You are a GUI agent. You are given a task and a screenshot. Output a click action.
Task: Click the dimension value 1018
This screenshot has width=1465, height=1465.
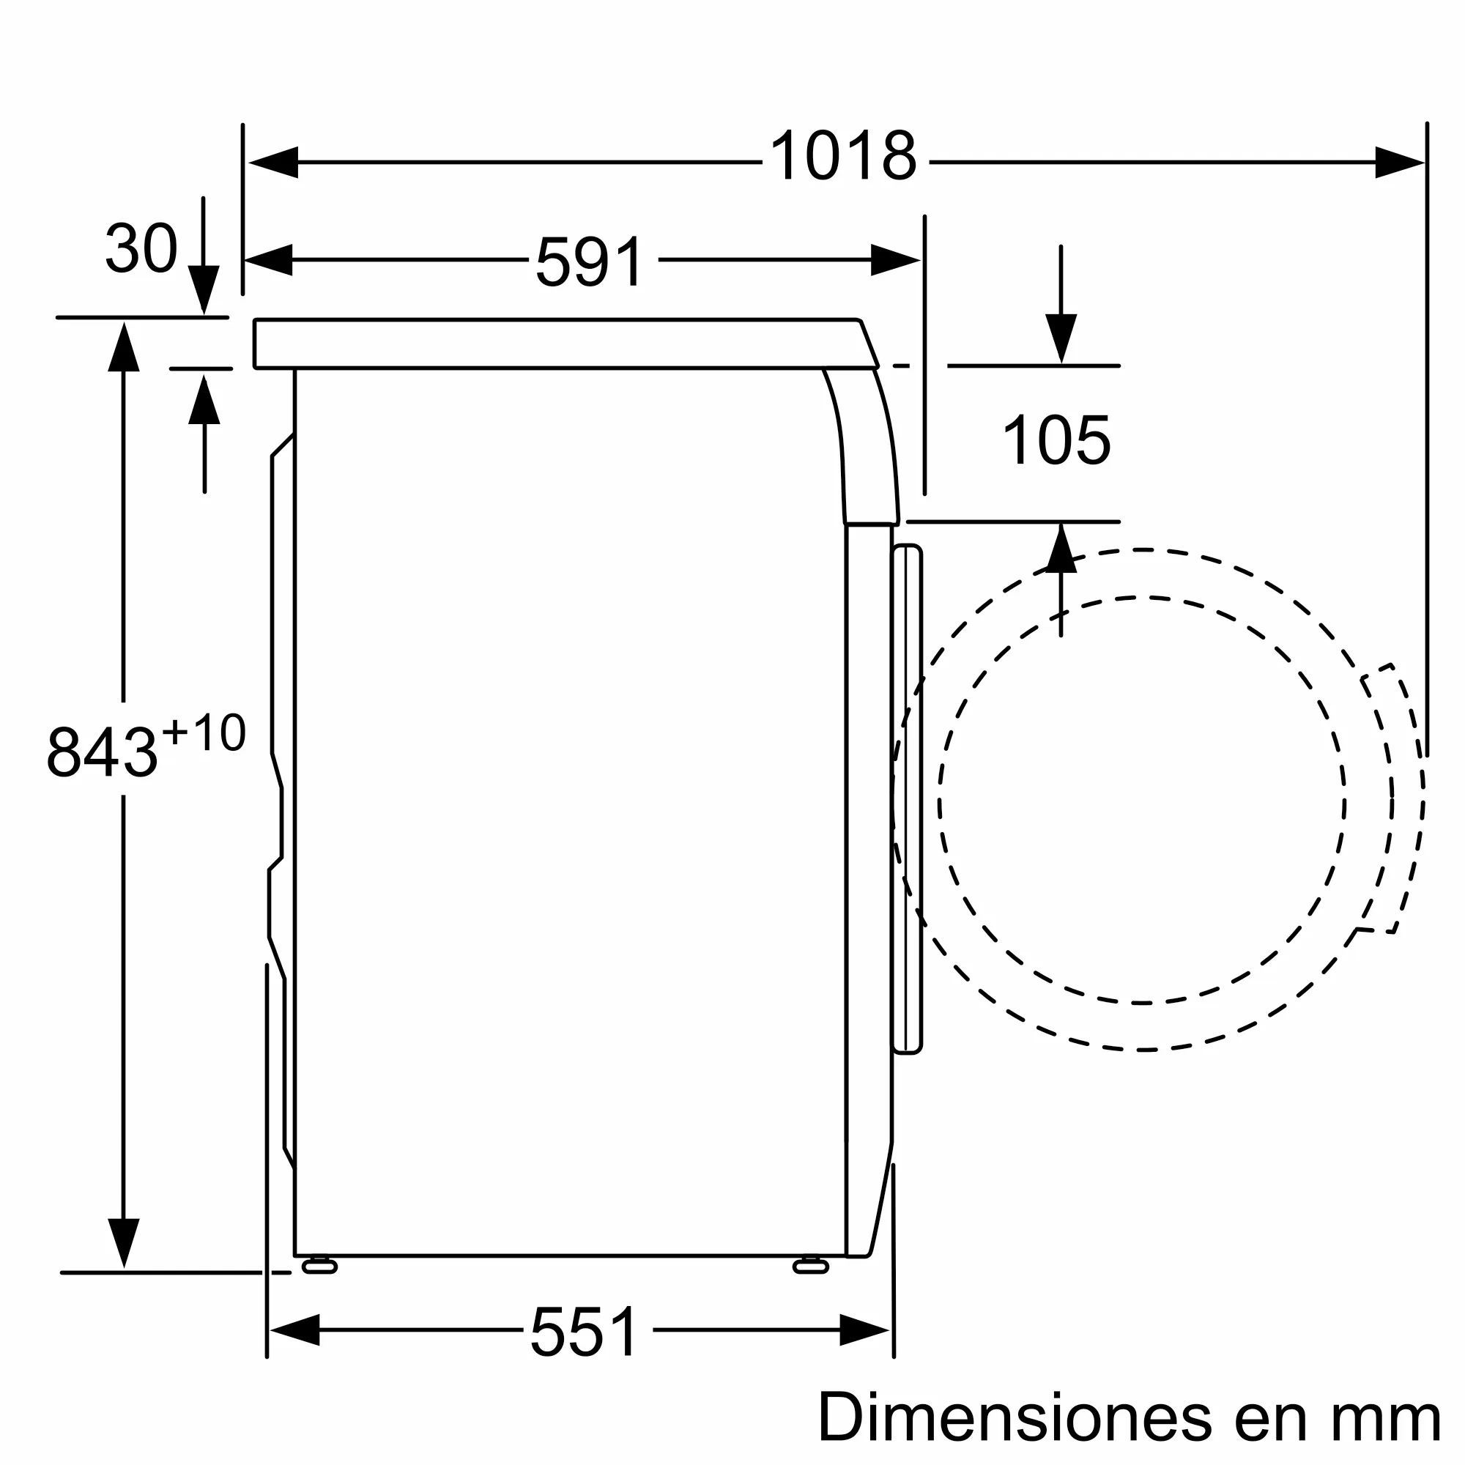[x=843, y=156]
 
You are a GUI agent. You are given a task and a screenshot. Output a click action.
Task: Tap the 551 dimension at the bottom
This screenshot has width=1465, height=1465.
[x=585, y=1332]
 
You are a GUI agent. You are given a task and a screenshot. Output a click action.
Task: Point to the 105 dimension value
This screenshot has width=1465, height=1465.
[x=1056, y=440]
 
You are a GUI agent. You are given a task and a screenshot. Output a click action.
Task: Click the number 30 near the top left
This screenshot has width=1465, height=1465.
[x=141, y=248]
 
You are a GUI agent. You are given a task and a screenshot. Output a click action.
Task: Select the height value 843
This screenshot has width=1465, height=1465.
[x=102, y=752]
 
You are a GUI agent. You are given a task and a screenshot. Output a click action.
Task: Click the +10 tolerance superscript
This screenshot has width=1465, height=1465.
[x=204, y=732]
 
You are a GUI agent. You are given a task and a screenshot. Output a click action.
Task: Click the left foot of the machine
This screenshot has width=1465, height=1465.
[x=319, y=1266]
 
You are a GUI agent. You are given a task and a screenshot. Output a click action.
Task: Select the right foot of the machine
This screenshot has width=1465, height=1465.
[x=811, y=1266]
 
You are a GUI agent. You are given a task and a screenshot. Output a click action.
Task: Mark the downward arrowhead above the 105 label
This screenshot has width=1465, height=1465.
[x=1061, y=338]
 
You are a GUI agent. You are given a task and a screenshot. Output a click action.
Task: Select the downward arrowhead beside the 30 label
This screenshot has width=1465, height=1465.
[x=203, y=288]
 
